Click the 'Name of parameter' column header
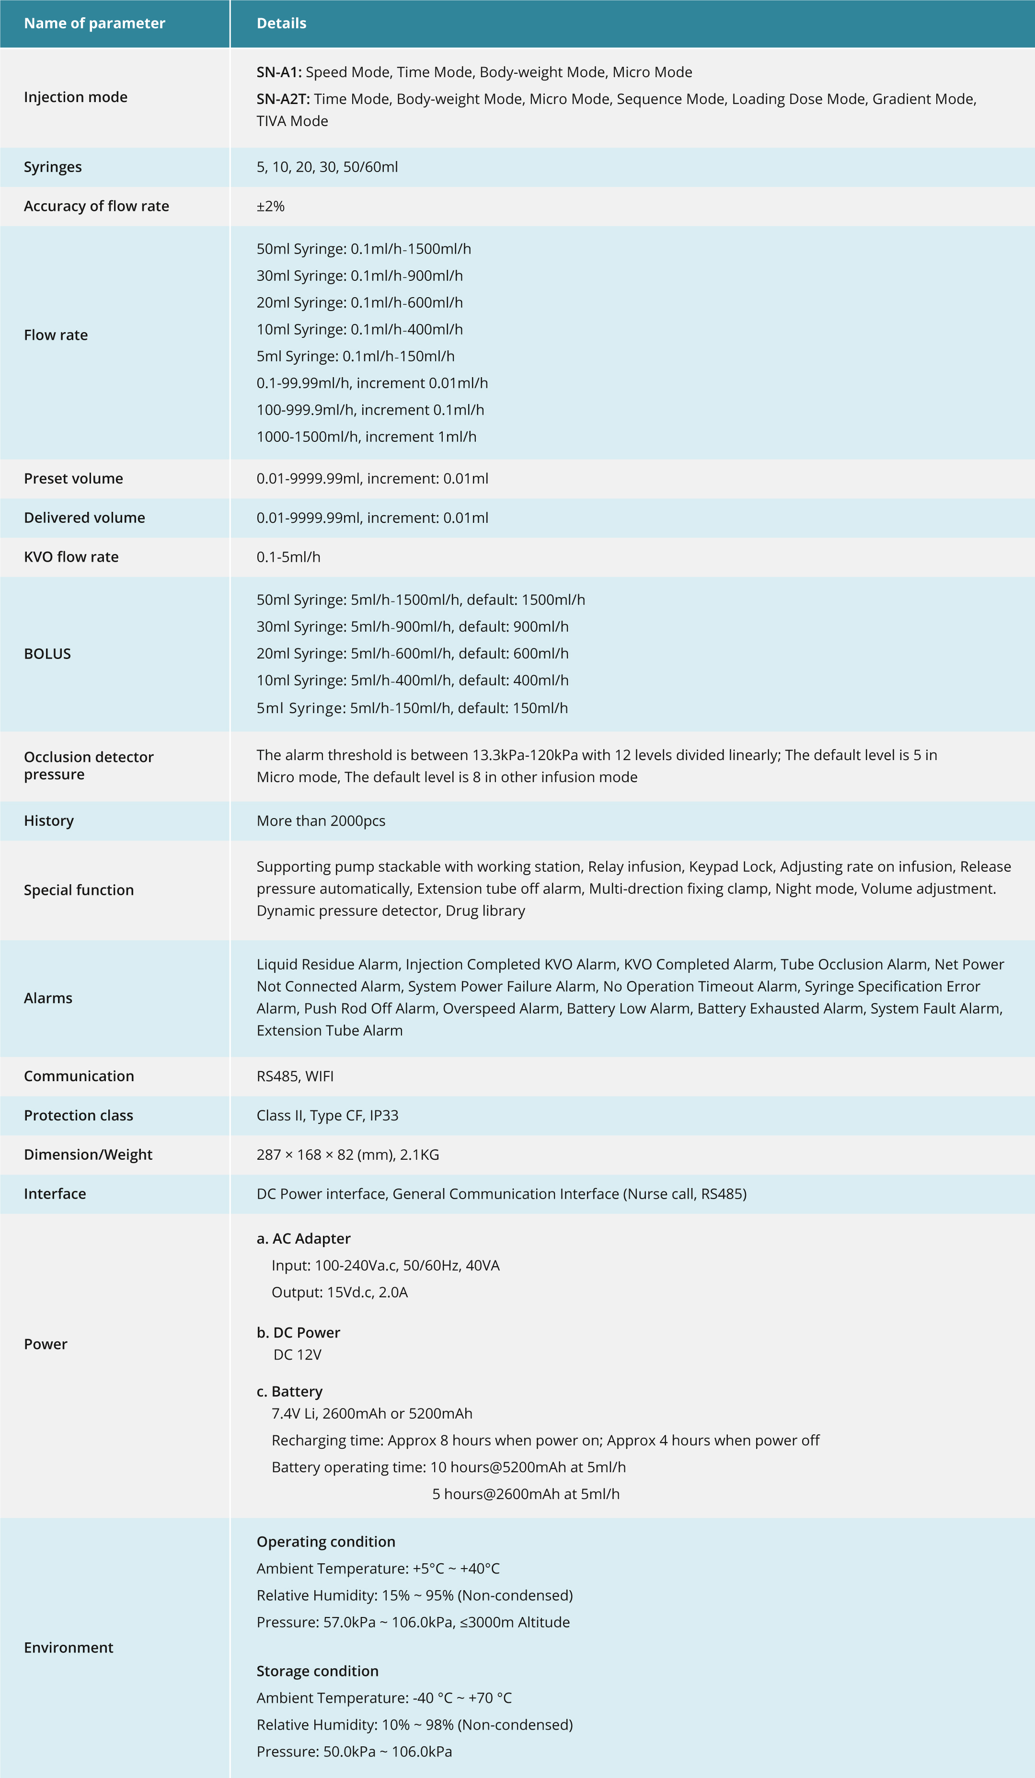[94, 23]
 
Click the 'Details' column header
[281, 23]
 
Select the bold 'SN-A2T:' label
[283, 99]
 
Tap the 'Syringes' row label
[53, 167]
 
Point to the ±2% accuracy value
[270, 206]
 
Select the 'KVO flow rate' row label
[71, 557]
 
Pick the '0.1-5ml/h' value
[288, 557]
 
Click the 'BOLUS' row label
[47, 653]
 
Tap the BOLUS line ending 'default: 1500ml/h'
[421, 600]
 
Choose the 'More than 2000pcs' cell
[321, 820]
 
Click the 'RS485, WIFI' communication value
[295, 1076]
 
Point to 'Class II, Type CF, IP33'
[327, 1116]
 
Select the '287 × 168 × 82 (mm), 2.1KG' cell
[348, 1155]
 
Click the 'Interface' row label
[55, 1194]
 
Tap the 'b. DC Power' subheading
[299, 1332]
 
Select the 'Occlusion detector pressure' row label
[88, 765]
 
